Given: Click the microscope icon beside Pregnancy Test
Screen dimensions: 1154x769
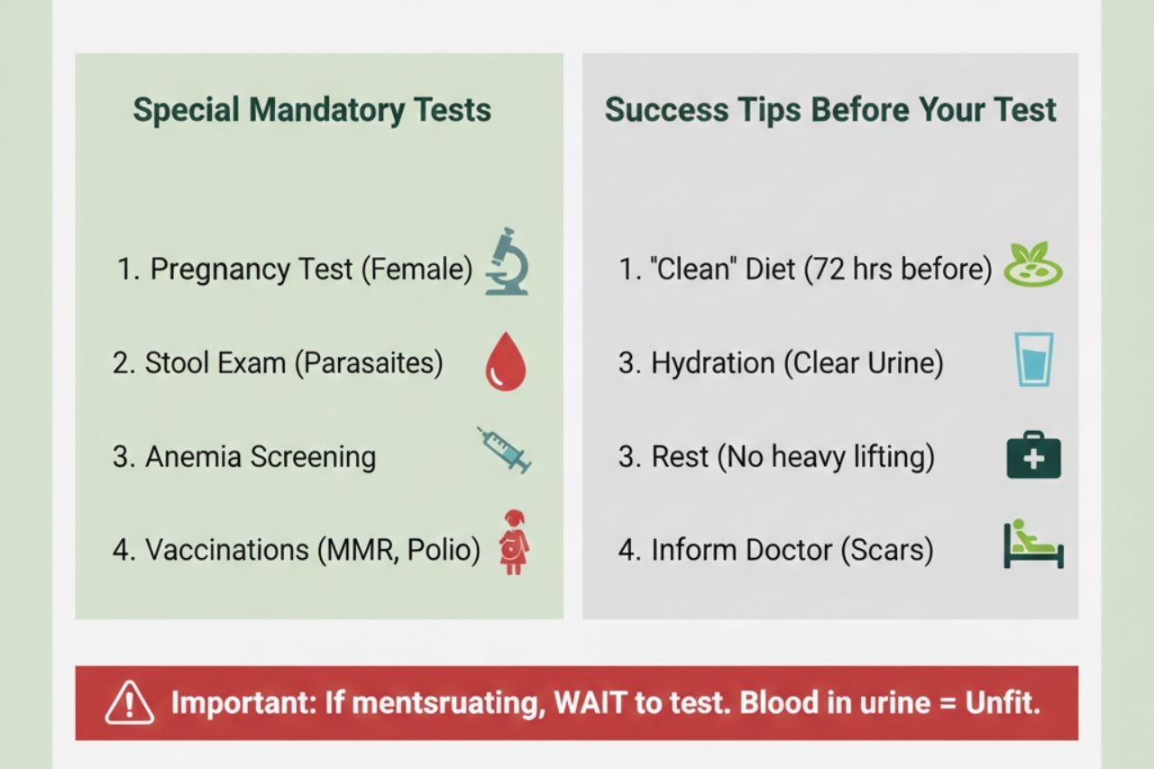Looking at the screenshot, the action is [x=507, y=261].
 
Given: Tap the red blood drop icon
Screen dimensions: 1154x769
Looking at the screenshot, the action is [x=506, y=362].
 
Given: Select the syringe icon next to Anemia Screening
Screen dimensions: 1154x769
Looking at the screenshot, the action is [x=504, y=450].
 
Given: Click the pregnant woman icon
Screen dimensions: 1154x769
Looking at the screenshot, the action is [x=514, y=543].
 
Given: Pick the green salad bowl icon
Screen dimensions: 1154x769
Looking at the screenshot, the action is [x=1033, y=264].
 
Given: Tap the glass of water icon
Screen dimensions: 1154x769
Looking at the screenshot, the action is [x=1033, y=360].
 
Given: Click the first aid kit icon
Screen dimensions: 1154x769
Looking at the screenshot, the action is [x=1033, y=454].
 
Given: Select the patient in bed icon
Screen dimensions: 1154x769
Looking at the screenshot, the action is [x=1033, y=544].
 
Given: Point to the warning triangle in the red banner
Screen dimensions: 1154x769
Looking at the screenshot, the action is [x=129, y=703].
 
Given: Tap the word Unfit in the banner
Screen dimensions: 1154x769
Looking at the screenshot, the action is [x=1003, y=702].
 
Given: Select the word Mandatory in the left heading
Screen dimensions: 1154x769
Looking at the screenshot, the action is [x=326, y=110].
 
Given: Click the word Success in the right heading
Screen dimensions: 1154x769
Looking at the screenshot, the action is [x=666, y=110].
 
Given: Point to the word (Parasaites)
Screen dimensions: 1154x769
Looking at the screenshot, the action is [x=369, y=363].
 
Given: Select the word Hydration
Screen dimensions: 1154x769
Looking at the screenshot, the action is [x=713, y=363].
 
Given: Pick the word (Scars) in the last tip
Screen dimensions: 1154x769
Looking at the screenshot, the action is [x=887, y=550].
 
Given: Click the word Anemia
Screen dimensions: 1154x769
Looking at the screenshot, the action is [x=193, y=457].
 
